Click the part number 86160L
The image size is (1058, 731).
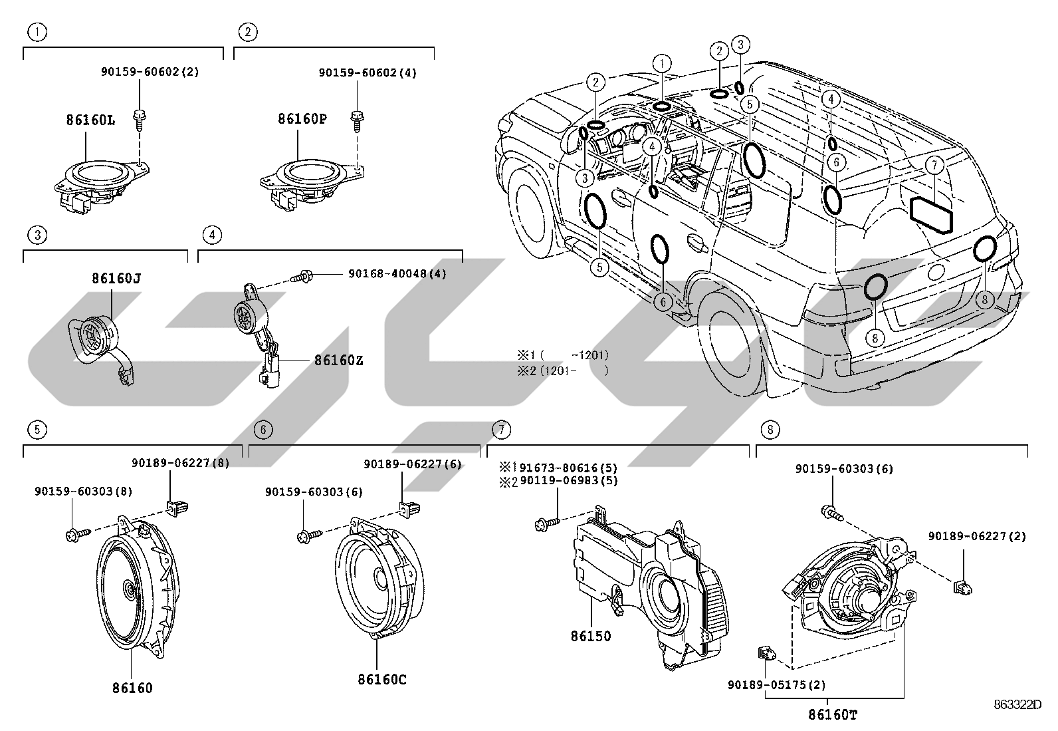90,120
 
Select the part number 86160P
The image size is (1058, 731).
302,118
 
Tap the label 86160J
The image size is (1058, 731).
116,278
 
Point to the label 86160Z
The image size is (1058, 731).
339,361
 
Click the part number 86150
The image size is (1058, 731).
591,637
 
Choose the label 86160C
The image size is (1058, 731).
382,680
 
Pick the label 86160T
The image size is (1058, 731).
833,714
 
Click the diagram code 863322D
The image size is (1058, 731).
1018,704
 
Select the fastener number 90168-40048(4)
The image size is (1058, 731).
397,274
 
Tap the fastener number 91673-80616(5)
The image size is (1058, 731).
569,468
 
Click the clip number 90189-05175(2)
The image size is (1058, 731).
777,685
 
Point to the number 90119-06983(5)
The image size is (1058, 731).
569,481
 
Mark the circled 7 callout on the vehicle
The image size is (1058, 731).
934,166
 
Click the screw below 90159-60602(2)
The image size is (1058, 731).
140,120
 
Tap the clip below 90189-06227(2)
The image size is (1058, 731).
962,588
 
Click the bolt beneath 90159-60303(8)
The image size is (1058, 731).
78,535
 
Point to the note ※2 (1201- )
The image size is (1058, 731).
563,370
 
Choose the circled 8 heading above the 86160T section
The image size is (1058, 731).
770,429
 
